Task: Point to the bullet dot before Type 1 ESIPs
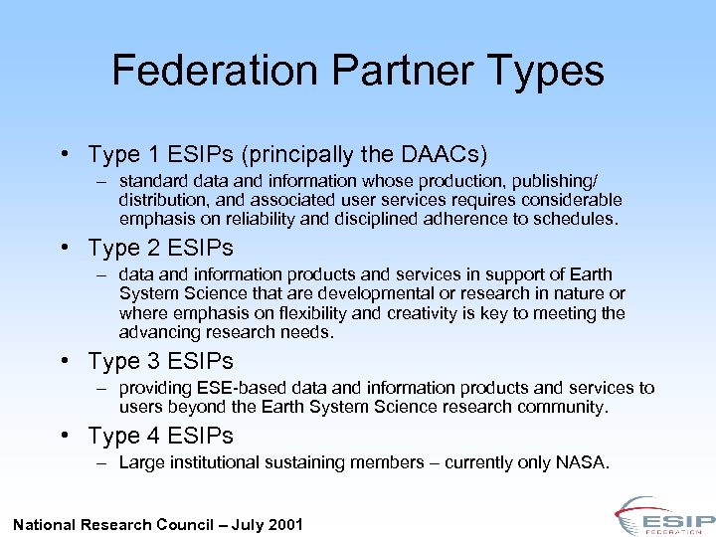pyautogui.click(x=63, y=155)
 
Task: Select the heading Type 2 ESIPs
pyautogui.click(x=160, y=248)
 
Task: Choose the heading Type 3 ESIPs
pyautogui.click(x=160, y=361)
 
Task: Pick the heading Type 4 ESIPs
pyautogui.click(x=160, y=436)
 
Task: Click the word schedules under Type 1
pyautogui.click(x=578, y=219)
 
